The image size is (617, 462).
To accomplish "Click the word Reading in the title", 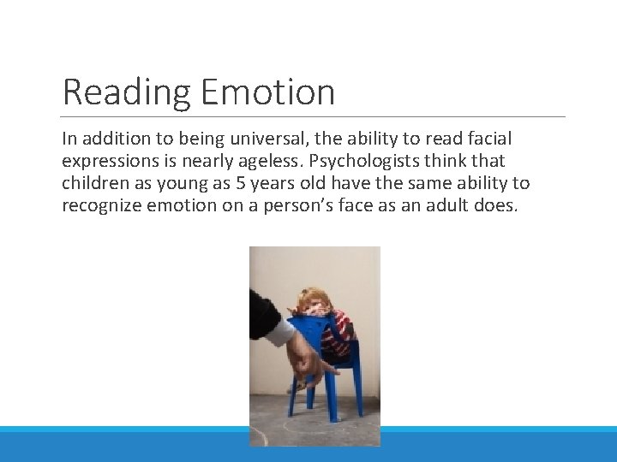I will coord(126,92).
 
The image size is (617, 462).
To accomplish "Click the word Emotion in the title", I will coord(267,92).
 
